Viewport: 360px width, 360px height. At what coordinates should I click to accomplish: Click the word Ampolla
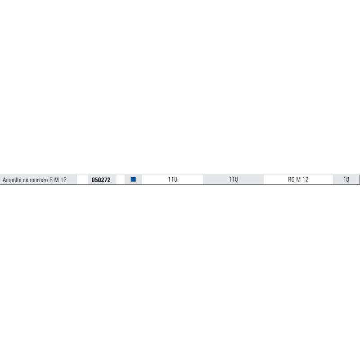pos(12,180)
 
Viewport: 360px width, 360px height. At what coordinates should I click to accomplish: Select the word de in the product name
pos(26,180)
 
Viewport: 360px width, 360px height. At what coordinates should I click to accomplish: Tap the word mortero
pos(39,180)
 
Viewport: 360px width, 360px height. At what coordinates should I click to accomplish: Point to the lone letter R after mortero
pos(51,180)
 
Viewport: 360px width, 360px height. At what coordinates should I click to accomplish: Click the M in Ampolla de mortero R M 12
pos(57,180)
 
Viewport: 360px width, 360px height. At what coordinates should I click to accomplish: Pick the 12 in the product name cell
pos(63,180)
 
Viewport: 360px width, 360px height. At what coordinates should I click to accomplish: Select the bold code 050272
pos(101,180)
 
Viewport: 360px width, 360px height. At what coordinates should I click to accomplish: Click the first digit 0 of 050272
pos(93,180)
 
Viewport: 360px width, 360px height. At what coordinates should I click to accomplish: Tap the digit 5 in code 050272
pos(96,180)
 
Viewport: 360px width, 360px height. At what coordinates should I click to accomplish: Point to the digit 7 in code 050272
pos(106,180)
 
